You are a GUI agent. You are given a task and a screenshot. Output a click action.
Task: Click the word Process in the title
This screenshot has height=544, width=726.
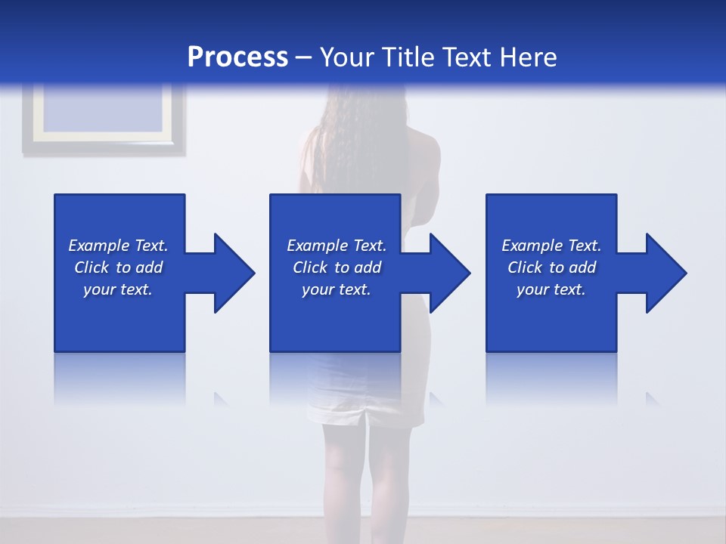click(237, 57)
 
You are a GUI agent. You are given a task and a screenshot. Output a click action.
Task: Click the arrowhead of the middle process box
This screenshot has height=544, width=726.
click(448, 273)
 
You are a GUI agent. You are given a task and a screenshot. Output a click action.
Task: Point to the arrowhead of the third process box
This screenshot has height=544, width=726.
click(665, 273)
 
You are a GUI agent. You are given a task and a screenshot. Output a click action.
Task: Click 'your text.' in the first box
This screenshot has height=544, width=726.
click(118, 290)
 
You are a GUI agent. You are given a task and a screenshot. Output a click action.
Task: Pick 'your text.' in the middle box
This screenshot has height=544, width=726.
click(337, 290)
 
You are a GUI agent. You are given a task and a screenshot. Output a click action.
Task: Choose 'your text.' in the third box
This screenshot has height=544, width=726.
click(551, 290)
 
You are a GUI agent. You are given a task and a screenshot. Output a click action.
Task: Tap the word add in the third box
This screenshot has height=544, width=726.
click(582, 267)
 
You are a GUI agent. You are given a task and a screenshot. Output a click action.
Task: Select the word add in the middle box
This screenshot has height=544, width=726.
click(368, 267)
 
